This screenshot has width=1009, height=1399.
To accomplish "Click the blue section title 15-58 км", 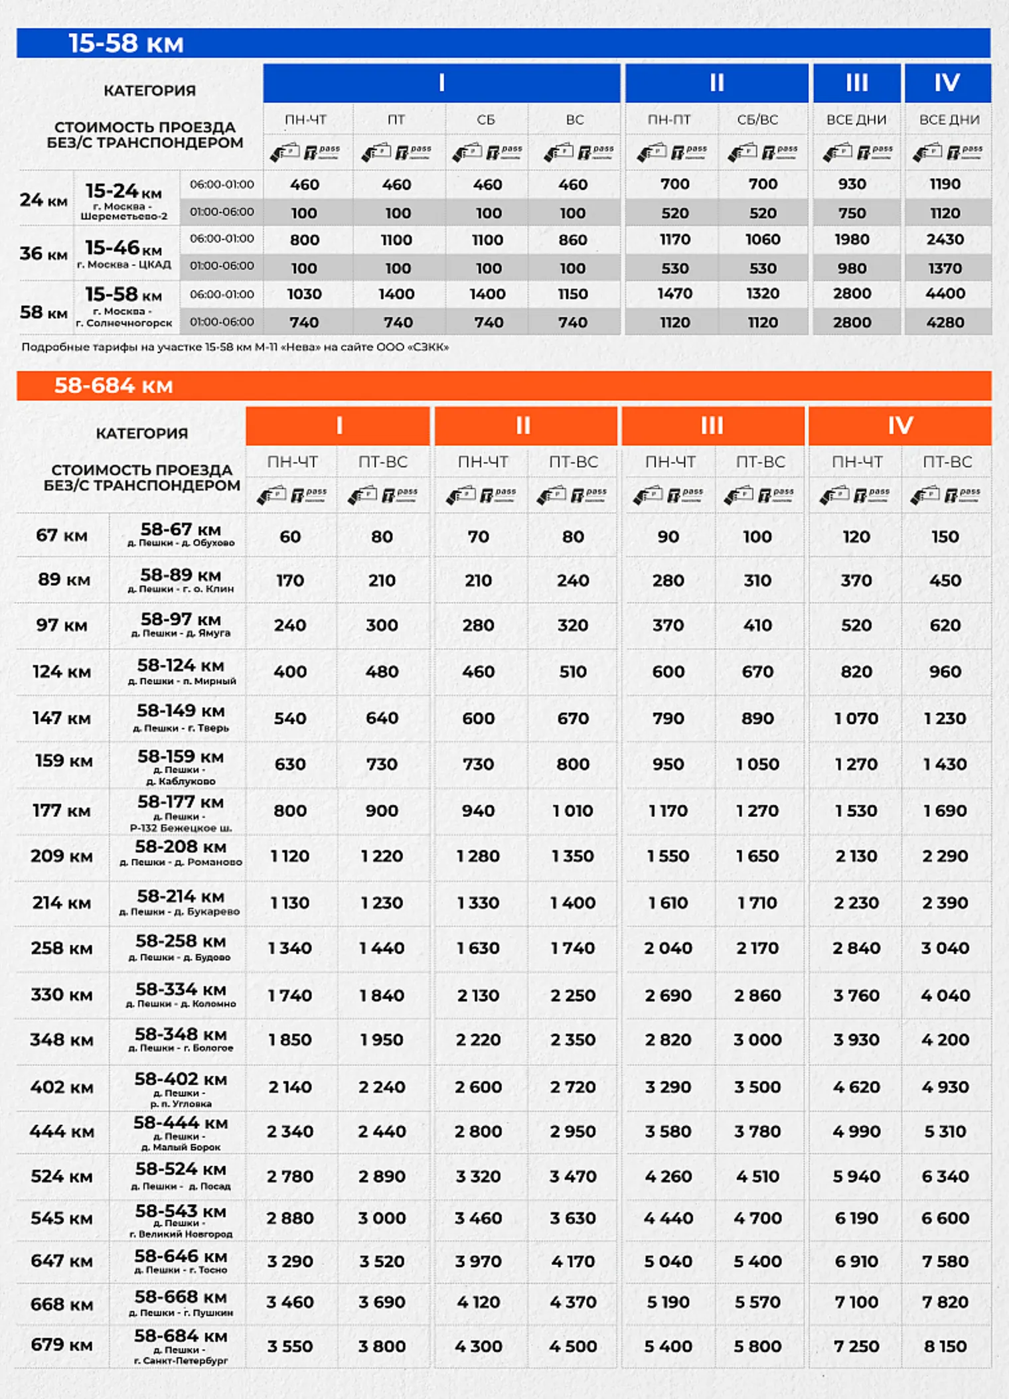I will pyautogui.click(x=126, y=44).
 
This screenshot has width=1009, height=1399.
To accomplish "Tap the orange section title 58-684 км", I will pyautogui.click(x=114, y=386).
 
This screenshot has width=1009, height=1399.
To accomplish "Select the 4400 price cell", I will pyautogui.click(x=945, y=293).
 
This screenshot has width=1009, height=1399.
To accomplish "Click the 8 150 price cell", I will pyautogui.click(x=945, y=1346).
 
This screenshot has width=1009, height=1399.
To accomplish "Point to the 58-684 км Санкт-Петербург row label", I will pyautogui.click(x=181, y=1345).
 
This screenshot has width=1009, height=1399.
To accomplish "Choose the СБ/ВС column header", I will pyautogui.click(x=757, y=120).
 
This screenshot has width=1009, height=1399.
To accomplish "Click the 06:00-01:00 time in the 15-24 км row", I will pyautogui.click(x=222, y=184).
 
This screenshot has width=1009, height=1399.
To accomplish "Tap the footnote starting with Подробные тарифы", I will pyautogui.click(x=235, y=347).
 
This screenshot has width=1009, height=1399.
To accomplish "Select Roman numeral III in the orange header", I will pyautogui.click(x=712, y=425).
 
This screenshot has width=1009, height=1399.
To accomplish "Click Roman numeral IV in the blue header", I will pyautogui.click(x=947, y=83).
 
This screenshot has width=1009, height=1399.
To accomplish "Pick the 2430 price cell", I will pyautogui.click(x=945, y=240).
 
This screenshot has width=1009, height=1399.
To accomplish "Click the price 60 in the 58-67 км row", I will pyautogui.click(x=290, y=536).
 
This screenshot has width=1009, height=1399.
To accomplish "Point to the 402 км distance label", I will pyautogui.click(x=62, y=1087).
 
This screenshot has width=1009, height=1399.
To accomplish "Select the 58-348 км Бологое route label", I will pyautogui.click(x=181, y=1039).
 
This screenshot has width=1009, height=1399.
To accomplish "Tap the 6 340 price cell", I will pyautogui.click(x=945, y=1176).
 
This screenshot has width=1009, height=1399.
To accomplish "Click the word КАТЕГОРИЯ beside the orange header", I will pyautogui.click(x=142, y=433).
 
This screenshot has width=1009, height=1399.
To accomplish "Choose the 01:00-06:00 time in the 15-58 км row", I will pyautogui.click(x=222, y=322).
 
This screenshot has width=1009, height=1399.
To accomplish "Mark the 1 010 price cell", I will pyautogui.click(x=573, y=810).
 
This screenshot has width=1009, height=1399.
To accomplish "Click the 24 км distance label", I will pyautogui.click(x=44, y=200).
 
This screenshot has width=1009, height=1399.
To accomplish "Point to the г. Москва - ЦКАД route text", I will pyautogui.click(x=124, y=265).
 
